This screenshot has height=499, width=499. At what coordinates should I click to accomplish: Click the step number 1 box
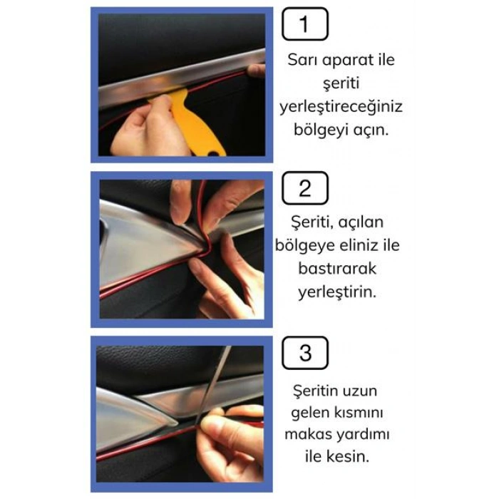click(x=305, y=24)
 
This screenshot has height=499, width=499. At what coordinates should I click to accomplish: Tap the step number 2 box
click(x=305, y=189)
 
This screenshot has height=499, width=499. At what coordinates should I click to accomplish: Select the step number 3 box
click(x=305, y=353)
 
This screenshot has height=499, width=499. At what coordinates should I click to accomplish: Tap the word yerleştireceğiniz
click(x=341, y=108)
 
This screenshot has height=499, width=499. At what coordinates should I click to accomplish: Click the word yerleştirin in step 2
click(x=337, y=293)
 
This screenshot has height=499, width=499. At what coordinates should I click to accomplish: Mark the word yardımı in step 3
click(x=363, y=434)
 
